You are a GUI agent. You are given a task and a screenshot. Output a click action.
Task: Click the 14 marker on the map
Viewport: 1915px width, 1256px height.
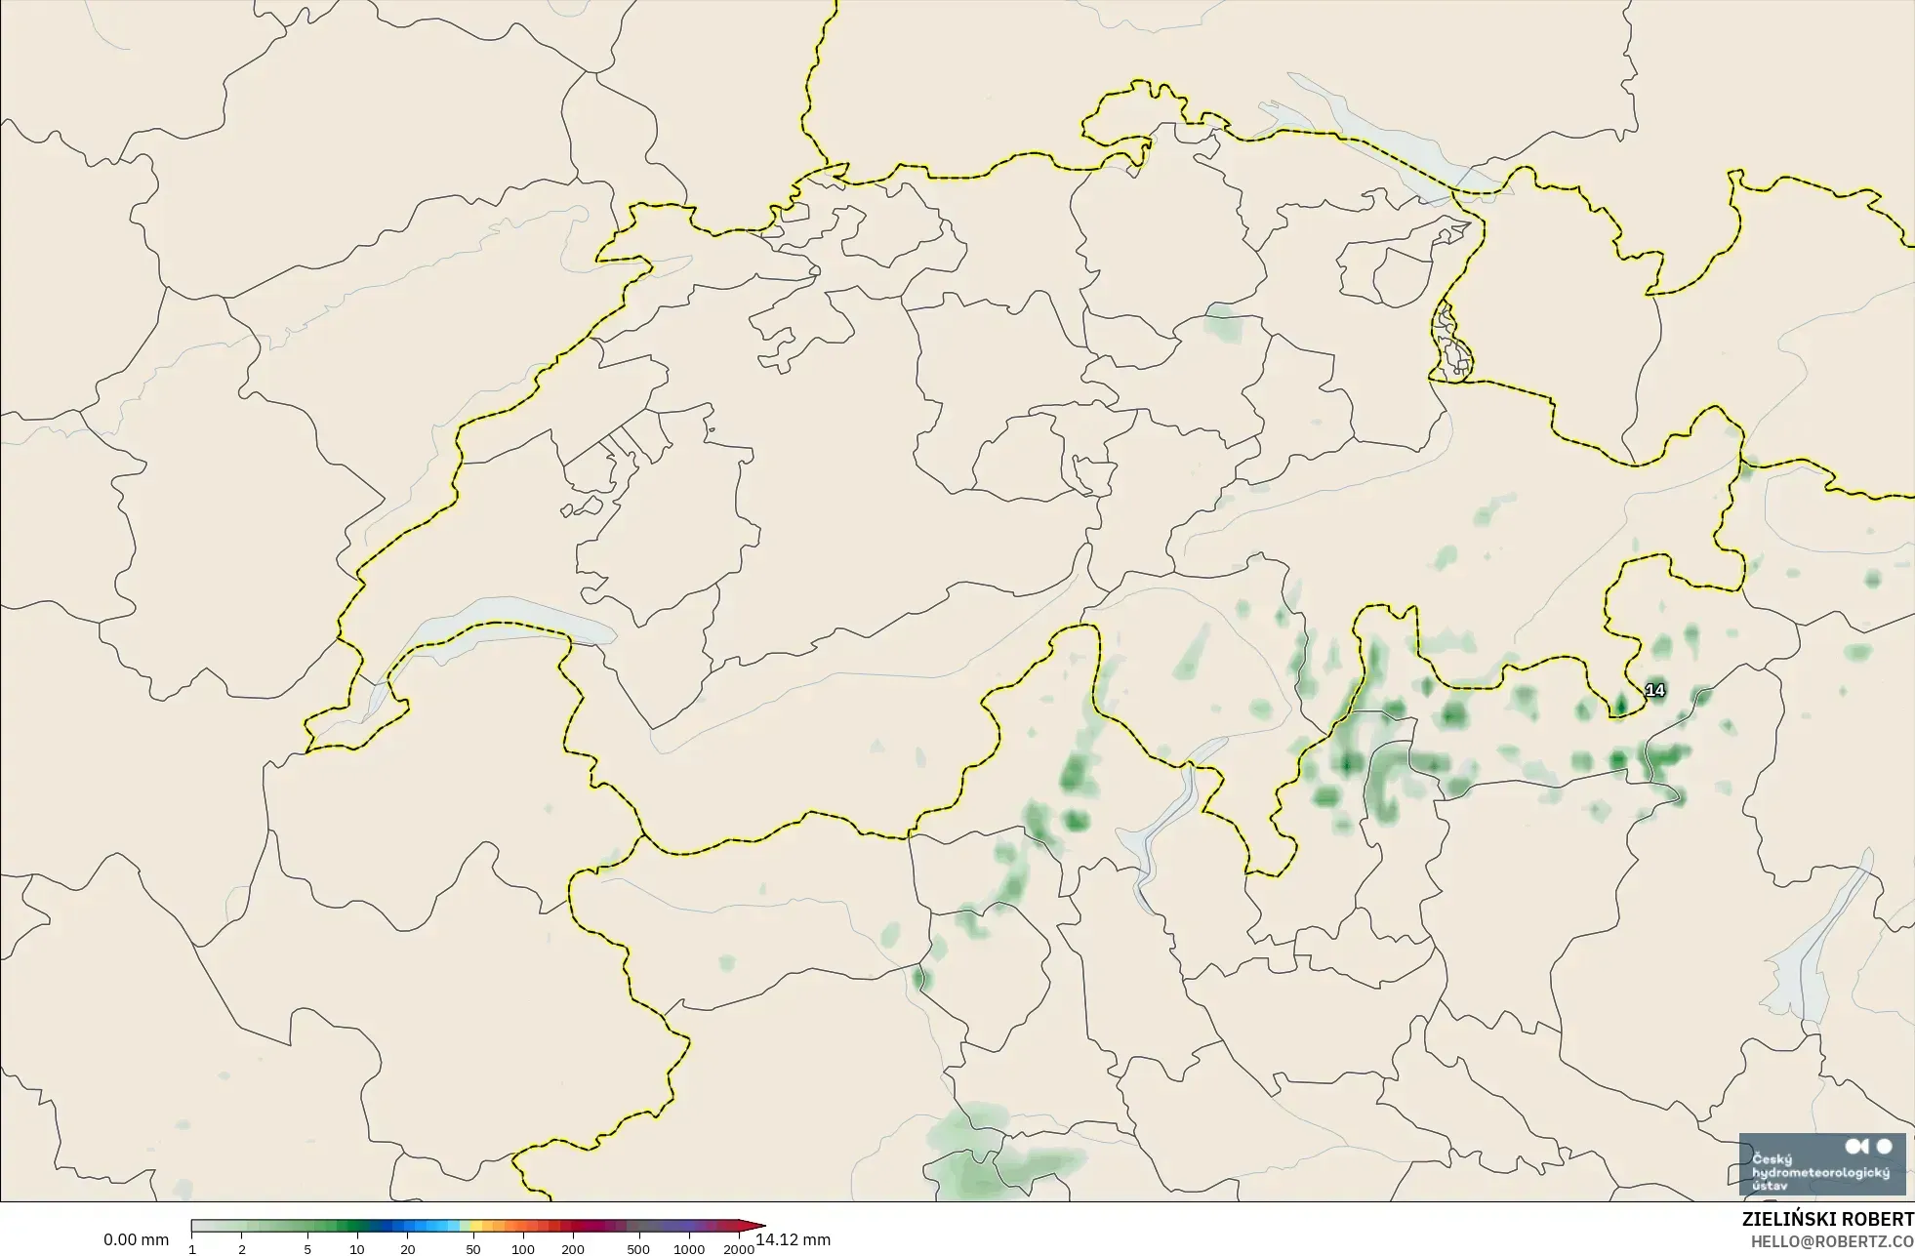[1655, 691]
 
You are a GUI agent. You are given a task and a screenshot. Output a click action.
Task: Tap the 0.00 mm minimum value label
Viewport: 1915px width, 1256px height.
[137, 1239]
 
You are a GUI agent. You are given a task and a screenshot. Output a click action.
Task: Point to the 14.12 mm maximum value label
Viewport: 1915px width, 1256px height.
[794, 1239]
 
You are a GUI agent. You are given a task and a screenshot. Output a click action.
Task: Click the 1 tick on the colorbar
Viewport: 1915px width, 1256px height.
[192, 1249]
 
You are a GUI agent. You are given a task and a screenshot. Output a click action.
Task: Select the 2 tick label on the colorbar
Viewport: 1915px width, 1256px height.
[242, 1249]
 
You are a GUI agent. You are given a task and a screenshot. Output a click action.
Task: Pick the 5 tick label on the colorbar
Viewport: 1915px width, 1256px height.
[307, 1249]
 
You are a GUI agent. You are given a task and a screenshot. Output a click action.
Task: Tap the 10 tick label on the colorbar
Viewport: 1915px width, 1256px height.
[357, 1249]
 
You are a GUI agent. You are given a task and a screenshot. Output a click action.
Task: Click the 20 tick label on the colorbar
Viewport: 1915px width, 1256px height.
[408, 1249]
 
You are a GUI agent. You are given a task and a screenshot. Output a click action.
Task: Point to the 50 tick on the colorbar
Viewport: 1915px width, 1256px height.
[473, 1249]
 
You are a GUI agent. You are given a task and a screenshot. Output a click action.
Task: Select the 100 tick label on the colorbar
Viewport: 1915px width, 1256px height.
[523, 1249]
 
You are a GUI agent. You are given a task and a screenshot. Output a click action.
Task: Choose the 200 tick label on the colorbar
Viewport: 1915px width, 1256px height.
[573, 1249]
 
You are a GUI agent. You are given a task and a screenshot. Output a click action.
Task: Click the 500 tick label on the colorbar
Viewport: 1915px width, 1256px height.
[638, 1249]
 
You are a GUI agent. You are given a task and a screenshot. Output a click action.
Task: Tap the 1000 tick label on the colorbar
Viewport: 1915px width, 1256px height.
[689, 1249]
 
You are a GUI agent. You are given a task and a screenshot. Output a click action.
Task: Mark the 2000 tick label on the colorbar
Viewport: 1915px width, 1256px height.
[739, 1249]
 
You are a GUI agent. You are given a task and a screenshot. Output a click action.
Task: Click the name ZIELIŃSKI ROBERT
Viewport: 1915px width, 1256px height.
[1828, 1220]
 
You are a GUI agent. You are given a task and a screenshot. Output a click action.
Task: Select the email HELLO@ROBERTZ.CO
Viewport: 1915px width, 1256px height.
[1832, 1241]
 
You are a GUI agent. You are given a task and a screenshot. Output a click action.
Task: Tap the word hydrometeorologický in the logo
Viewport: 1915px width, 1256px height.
[1821, 1172]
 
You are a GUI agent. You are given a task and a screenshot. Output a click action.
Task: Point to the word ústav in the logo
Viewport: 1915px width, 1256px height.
[1771, 1185]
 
